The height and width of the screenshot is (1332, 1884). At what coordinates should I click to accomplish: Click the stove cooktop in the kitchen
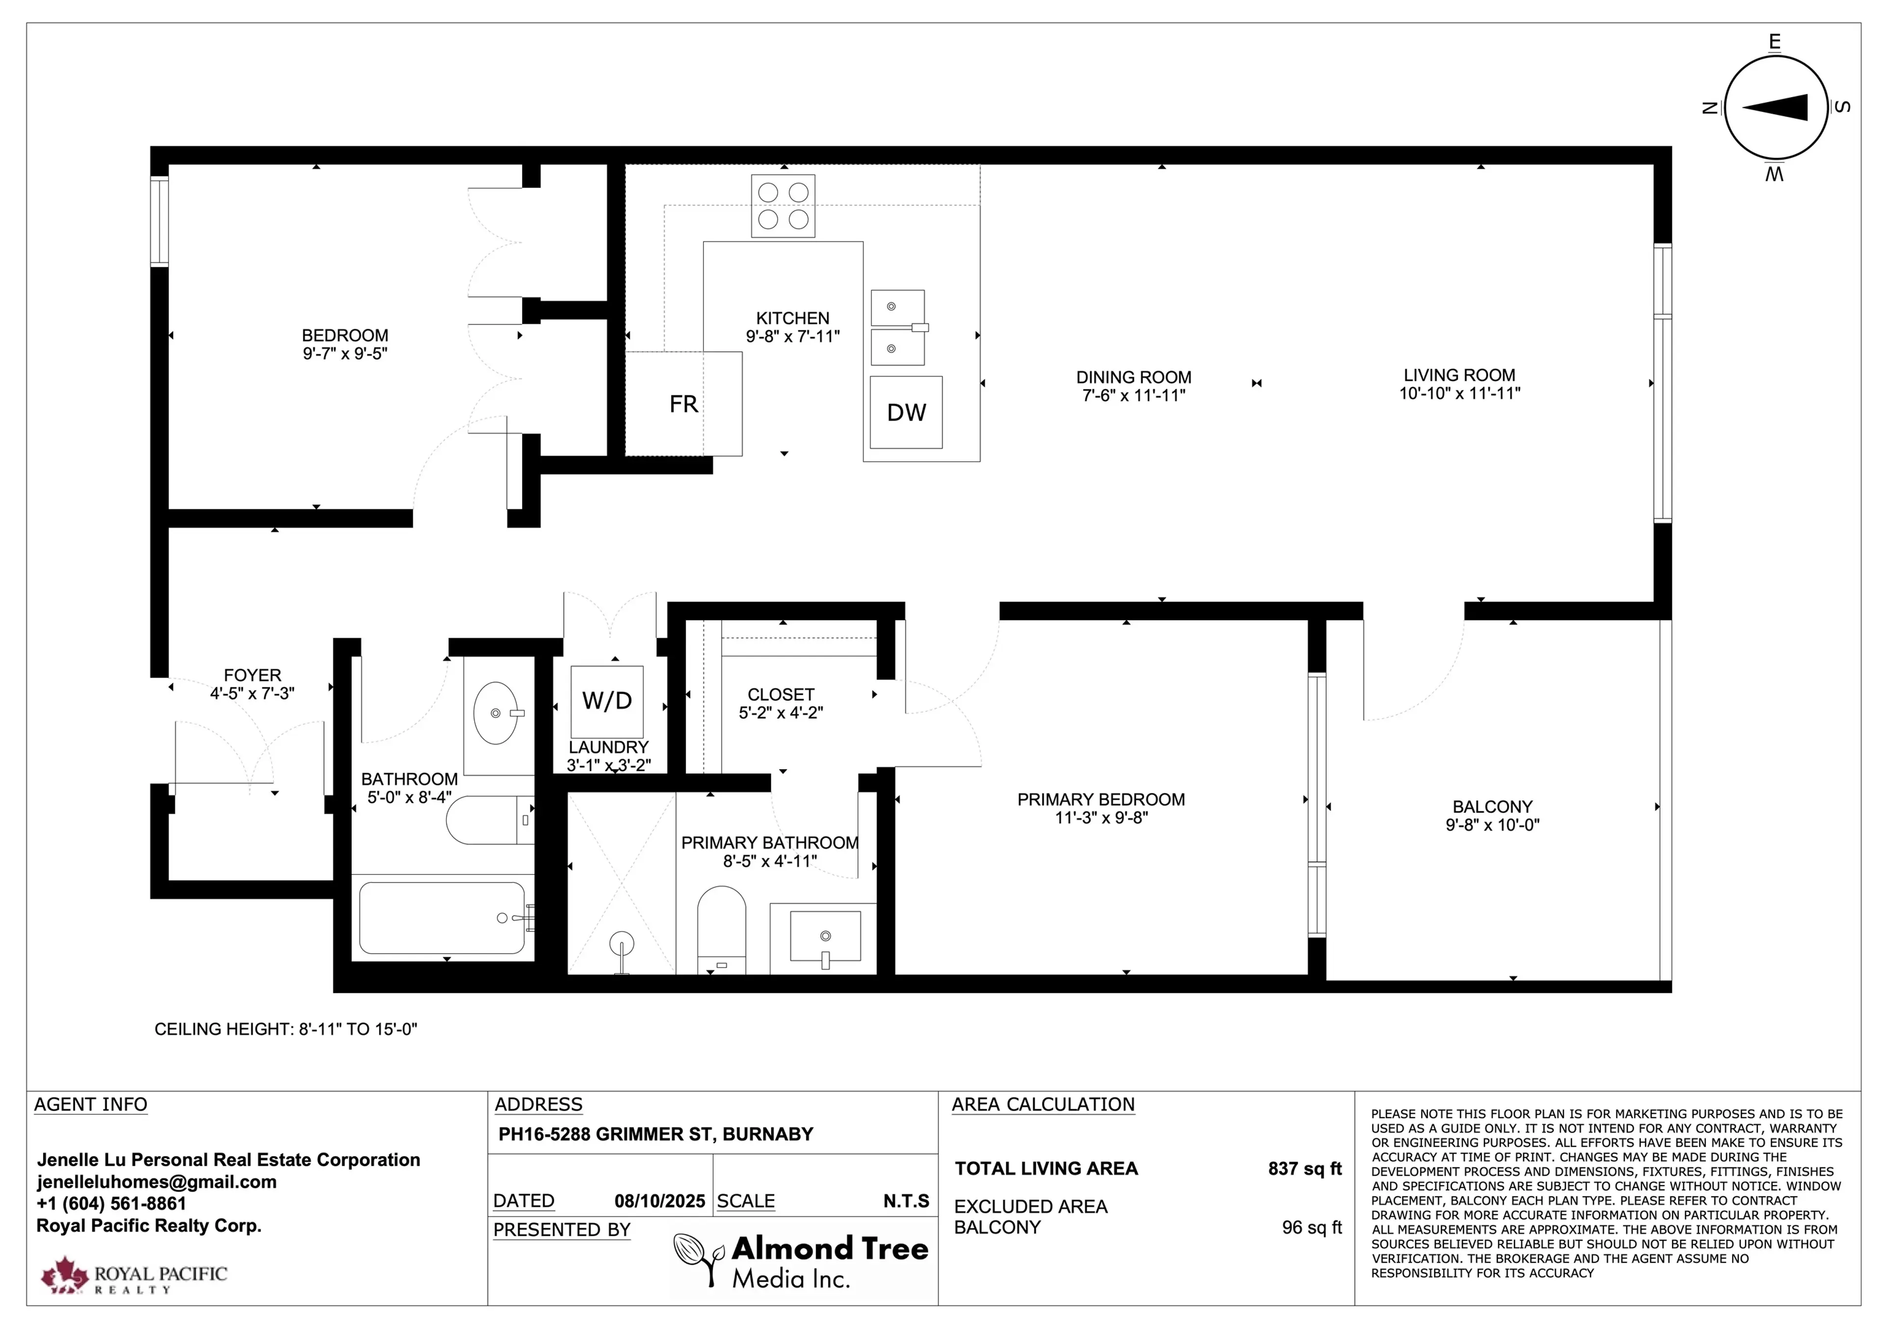tap(783, 206)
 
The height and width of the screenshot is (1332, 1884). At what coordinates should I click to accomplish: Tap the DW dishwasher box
tap(906, 412)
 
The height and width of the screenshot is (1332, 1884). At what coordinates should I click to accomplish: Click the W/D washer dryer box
tap(607, 700)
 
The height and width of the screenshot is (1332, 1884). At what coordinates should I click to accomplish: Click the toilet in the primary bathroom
tap(721, 930)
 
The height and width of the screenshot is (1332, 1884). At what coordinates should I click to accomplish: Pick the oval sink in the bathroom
tap(497, 712)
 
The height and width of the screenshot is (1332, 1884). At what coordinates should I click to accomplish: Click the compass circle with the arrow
tap(1776, 107)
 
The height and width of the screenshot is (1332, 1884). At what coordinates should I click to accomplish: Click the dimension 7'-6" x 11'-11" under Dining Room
tap(1133, 395)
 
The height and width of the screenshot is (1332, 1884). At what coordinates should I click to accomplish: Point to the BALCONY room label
tap(1492, 807)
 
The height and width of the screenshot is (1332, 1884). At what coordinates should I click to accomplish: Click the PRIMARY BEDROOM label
tap(1100, 799)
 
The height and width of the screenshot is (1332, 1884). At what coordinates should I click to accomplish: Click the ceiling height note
tap(286, 1029)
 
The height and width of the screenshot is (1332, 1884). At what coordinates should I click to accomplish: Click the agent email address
tap(157, 1182)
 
